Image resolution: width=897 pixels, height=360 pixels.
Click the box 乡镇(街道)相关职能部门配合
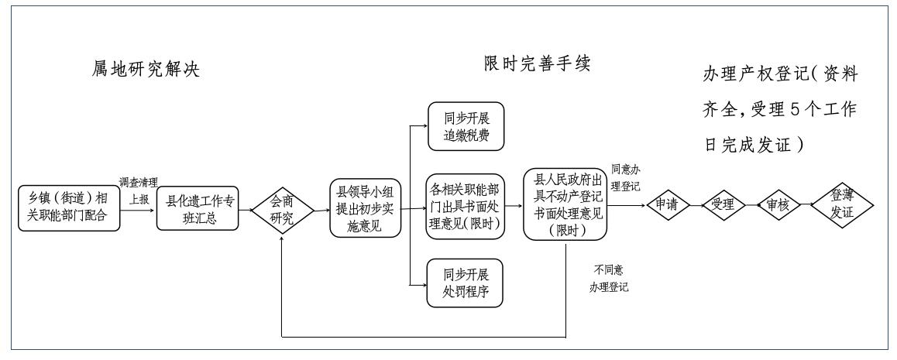(x=70, y=207)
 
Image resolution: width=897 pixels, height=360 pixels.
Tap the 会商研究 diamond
(x=282, y=207)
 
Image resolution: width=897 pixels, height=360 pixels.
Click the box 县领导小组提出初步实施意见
(x=365, y=207)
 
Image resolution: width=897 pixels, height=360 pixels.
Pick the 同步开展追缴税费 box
(x=465, y=127)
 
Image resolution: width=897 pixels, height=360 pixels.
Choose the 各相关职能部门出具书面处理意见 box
(x=465, y=207)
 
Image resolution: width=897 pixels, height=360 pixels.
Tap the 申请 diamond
(x=668, y=205)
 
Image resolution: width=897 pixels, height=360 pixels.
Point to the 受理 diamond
(x=723, y=205)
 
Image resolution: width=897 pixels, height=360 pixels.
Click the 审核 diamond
(x=778, y=205)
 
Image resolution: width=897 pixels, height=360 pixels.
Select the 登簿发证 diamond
(x=842, y=205)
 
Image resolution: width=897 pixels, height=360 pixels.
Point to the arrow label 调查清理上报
(x=138, y=189)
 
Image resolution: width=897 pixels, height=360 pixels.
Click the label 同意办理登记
(x=626, y=177)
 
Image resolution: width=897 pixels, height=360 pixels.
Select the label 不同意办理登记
(x=608, y=279)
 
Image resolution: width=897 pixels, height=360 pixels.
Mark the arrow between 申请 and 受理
(x=696, y=206)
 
